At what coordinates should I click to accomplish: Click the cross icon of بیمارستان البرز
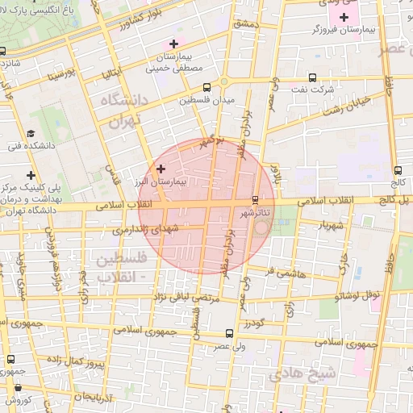[161, 169]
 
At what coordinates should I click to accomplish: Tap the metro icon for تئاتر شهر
[256, 199]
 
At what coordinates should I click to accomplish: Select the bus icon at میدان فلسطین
[206, 87]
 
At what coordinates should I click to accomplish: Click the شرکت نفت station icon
[314, 78]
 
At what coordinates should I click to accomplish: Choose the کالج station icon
[398, 170]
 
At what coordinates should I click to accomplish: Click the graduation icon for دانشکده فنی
[31, 133]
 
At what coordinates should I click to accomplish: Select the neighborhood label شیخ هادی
[302, 373]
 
